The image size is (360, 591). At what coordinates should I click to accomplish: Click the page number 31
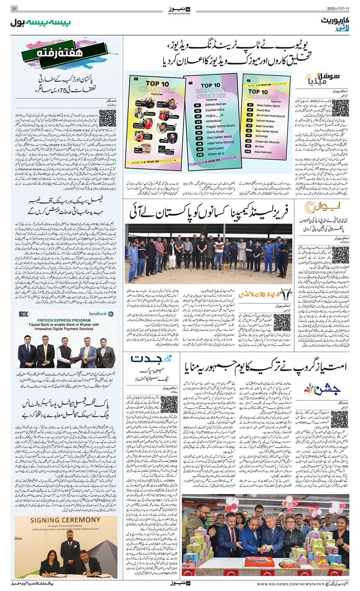tap(14, 9)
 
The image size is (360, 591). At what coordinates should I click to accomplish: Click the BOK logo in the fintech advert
tap(23, 314)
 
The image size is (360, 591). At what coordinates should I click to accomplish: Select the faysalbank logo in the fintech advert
tap(105, 314)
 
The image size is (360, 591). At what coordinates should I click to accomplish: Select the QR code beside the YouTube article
tap(339, 108)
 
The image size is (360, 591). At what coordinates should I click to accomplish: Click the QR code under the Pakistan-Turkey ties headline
tap(107, 118)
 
